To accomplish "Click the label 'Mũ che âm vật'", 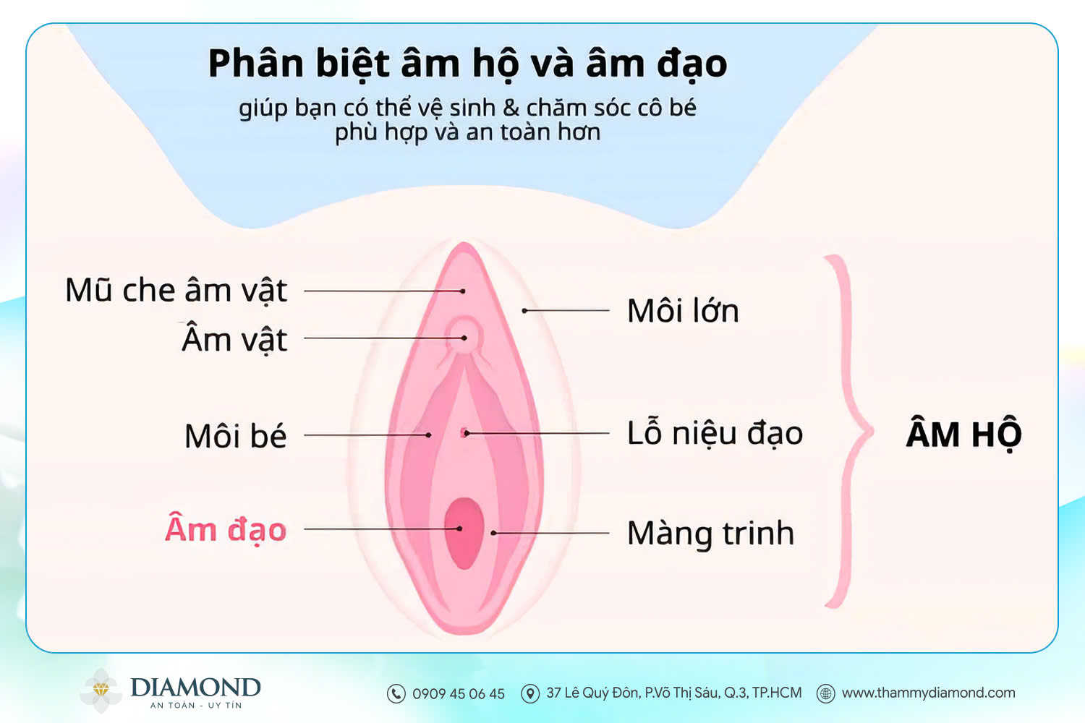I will pos(176,291).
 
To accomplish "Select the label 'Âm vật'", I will pos(234,339).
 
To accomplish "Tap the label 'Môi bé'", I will pos(235,436).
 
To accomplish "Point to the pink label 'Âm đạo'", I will pos(226,529).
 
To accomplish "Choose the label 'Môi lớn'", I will pos(683,311).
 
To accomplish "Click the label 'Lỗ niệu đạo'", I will pos(715,433).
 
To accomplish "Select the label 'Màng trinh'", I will pos(710,534).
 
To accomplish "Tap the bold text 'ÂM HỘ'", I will pos(963,434).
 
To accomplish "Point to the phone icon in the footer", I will pos(396,693).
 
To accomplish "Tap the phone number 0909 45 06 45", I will pos(459,694).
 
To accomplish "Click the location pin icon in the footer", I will pos(530,693).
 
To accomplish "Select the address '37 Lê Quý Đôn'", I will pos(674,693).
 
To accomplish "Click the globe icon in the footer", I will pos(825,693).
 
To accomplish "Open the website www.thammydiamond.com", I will pos(929,693).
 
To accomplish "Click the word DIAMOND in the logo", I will pos(195,687).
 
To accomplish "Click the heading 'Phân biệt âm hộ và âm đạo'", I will pos(467,64).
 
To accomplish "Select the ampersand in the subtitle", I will pos(511,108).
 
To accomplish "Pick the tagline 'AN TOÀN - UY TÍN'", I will pos(195,706).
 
